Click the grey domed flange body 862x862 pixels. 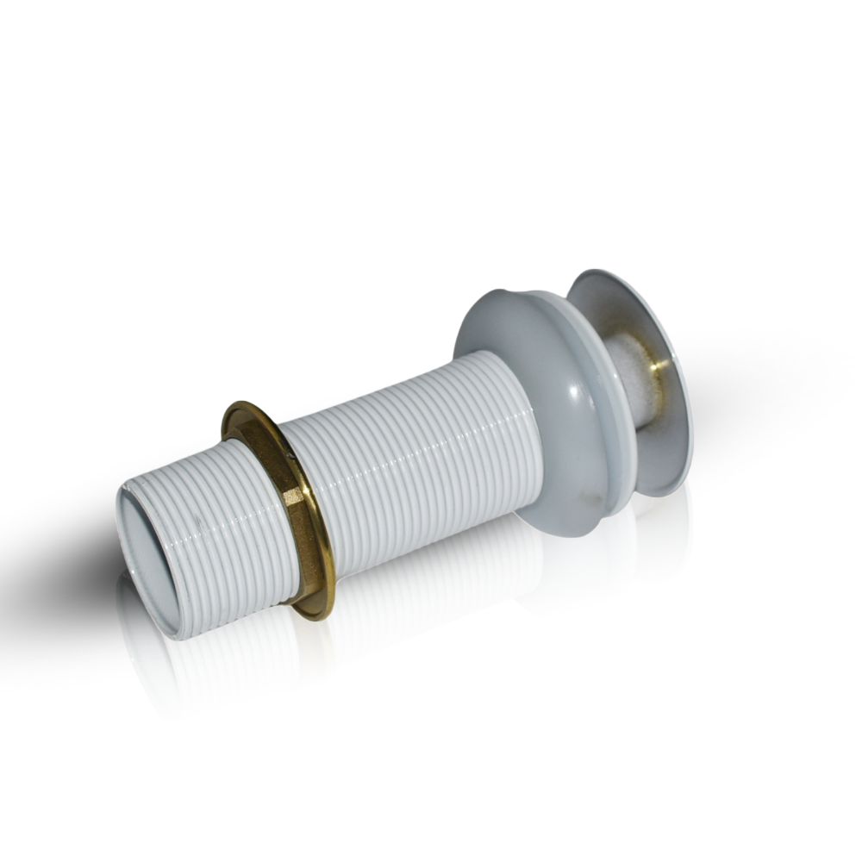coord(552,405)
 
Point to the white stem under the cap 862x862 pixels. coord(629,379)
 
